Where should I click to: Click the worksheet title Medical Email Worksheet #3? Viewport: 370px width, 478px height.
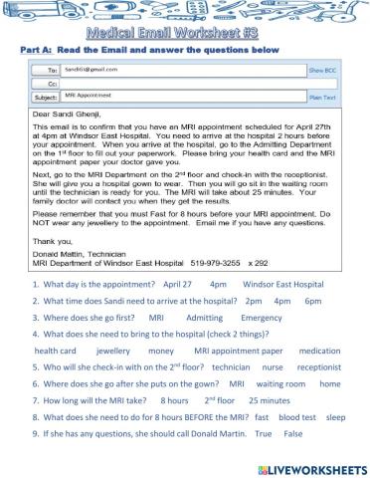[x=186, y=33]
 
